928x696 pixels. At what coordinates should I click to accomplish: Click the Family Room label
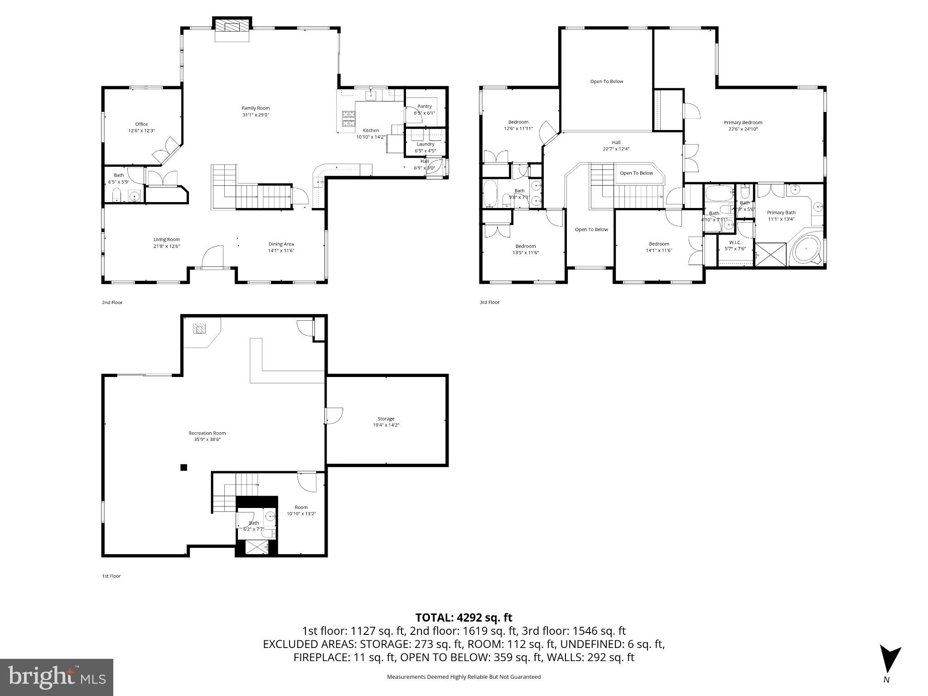[256, 108]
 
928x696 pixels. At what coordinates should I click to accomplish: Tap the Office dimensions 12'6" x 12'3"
[141, 131]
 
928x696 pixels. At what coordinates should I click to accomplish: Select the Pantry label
[425, 106]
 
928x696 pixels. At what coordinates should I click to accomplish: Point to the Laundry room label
[425, 145]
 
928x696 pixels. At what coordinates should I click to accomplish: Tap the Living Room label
[166, 240]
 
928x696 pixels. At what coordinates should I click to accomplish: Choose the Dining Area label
[281, 244]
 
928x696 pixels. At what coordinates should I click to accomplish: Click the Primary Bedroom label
[743, 122]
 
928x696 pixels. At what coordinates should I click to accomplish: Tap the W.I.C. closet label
[735, 242]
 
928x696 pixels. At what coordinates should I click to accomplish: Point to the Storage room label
[386, 419]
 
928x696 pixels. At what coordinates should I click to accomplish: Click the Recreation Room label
[207, 433]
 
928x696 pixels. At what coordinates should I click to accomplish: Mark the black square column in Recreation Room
[184, 468]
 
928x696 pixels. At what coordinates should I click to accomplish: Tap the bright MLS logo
[57, 677]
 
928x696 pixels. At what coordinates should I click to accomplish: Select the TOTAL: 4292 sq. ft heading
[464, 618]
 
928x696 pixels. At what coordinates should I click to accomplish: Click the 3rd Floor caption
[489, 302]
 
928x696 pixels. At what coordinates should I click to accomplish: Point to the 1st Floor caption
[111, 576]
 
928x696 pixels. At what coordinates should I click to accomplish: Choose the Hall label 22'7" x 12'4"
[616, 145]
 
